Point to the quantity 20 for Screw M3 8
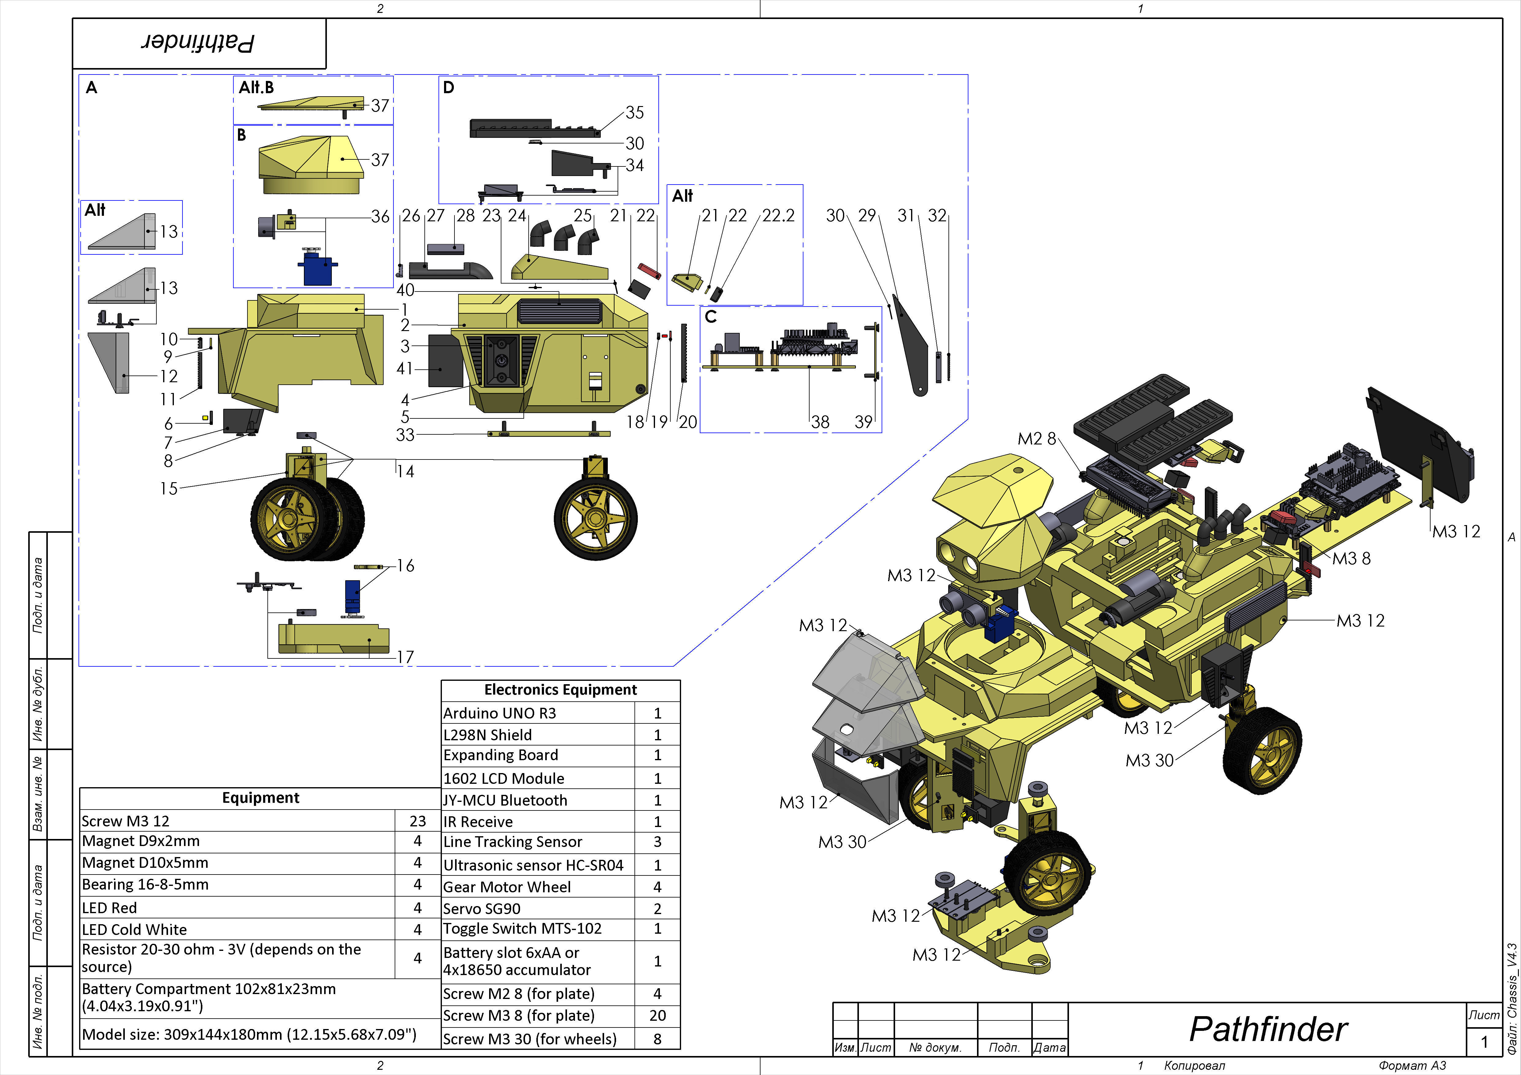[x=657, y=1016]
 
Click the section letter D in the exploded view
[x=449, y=87]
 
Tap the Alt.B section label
[x=256, y=87]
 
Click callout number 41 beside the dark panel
[x=405, y=368]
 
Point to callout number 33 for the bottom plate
[x=405, y=434]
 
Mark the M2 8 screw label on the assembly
[x=1037, y=438]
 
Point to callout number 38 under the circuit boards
[x=820, y=422]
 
